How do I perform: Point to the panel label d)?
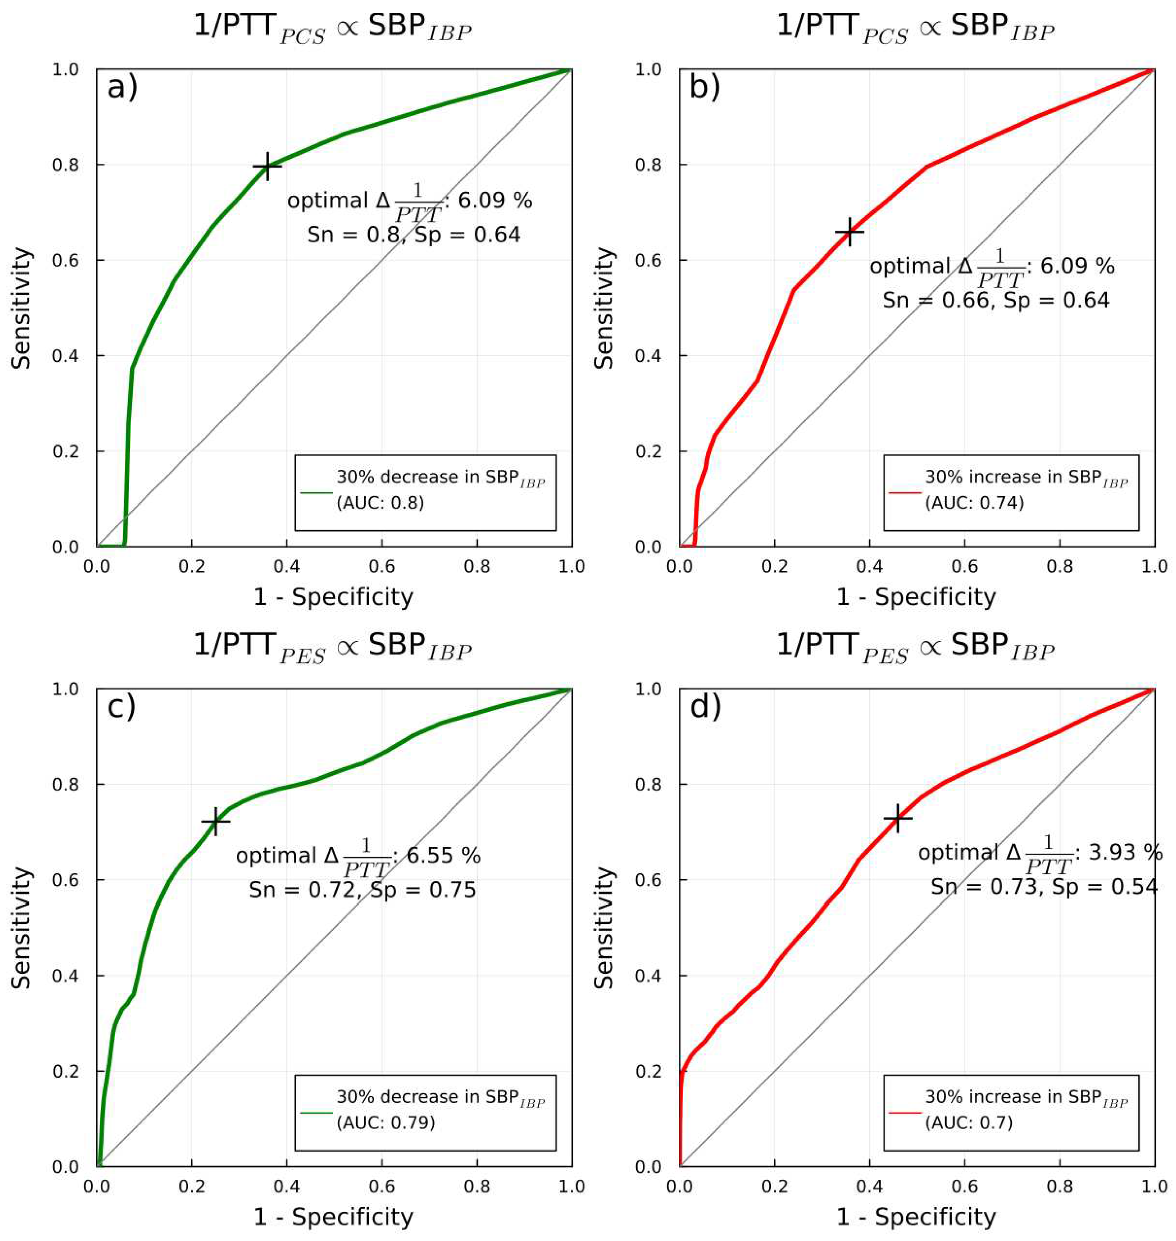point(705,707)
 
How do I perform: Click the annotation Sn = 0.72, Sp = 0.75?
point(362,889)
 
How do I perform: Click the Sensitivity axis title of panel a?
point(22,308)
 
